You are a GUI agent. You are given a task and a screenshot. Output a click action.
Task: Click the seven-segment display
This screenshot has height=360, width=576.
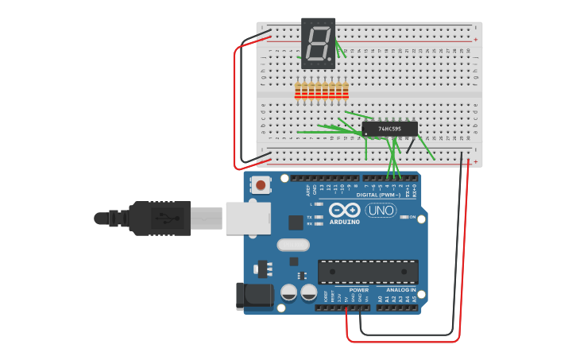tap(318, 43)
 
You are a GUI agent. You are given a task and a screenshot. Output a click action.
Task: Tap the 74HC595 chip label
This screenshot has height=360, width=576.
tap(389, 128)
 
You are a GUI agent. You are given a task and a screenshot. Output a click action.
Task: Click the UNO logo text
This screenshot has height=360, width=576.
tap(381, 211)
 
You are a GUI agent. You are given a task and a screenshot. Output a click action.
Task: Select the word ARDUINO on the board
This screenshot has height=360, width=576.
tap(344, 222)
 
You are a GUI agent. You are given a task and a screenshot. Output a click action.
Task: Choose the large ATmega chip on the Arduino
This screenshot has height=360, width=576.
tap(368, 272)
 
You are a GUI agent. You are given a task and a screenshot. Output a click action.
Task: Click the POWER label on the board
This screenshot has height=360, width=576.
tap(358, 290)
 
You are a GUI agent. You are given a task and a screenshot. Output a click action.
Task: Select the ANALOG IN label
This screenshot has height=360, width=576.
tap(401, 290)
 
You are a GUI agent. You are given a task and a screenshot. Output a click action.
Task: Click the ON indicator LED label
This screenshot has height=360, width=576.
tap(412, 217)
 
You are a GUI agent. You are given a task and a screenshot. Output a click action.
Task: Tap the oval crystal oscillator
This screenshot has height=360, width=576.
tap(292, 246)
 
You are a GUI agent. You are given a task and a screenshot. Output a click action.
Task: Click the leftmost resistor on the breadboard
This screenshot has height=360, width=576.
tap(297, 91)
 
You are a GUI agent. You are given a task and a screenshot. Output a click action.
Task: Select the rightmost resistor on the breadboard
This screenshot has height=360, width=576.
tap(346, 91)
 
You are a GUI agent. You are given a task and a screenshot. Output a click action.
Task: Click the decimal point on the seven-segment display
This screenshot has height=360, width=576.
tap(331, 61)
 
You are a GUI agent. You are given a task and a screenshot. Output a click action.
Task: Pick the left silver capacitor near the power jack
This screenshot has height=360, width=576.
tap(288, 293)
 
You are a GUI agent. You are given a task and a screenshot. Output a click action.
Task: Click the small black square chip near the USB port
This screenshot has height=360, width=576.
tap(296, 223)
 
